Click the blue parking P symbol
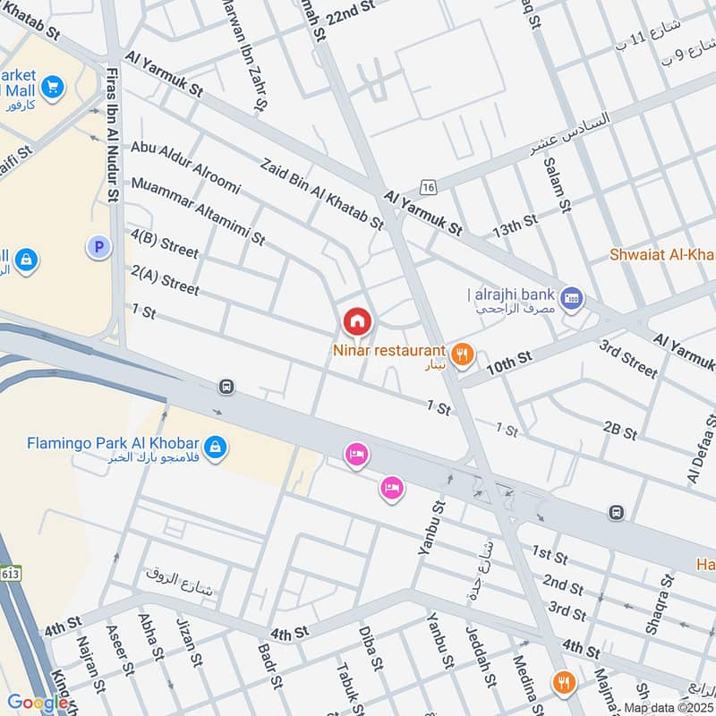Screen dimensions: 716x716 click(98, 246)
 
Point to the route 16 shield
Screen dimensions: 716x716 click(429, 186)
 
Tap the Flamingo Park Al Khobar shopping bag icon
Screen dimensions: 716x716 click(215, 445)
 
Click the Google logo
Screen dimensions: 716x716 click(38, 703)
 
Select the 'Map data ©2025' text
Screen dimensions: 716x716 click(668, 708)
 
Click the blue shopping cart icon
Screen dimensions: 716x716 click(53, 87)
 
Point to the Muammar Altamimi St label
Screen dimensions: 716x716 click(198, 211)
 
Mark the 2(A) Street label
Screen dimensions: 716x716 click(165, 279)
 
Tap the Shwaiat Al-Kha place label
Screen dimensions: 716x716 click(661, 254)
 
